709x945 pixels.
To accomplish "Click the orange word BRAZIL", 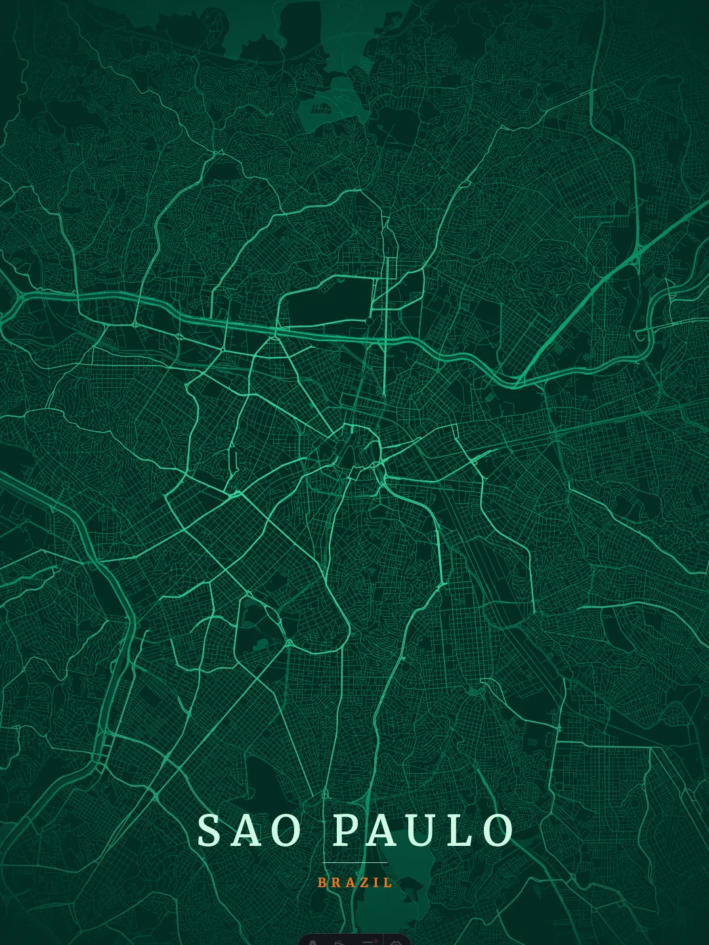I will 354,883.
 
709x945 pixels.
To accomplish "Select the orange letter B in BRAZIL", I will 322,883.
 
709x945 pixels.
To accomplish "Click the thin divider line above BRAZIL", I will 354,862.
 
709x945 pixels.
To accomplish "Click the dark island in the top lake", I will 322,108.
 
